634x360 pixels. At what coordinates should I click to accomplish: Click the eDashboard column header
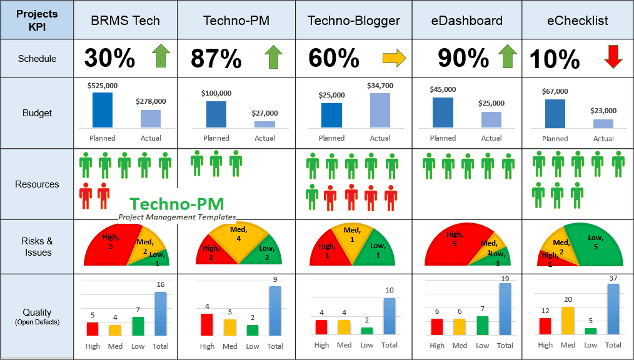(x=466, y=21)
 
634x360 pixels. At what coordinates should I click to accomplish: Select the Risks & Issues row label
(x=37, y=247)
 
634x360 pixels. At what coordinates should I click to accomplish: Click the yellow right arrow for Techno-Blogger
(x=394, y=58)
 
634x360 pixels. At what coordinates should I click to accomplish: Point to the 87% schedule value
(x=216, y=59)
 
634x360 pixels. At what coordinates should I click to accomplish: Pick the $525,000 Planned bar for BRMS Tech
(x=103, y=110)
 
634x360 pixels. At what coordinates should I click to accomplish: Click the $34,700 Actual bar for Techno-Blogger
(x=380, y=111)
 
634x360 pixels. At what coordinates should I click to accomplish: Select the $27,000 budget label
(x=264, y=114)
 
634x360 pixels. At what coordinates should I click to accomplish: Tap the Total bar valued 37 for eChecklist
(x=613, y=309)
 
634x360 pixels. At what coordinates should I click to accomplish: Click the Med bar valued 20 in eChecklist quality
(x=568, y=320)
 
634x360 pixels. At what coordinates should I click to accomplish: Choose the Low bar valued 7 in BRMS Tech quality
(x=138, y=326)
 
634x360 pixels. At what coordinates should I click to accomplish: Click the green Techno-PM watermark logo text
(x=177, y=203)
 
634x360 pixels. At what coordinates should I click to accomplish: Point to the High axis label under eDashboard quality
(x=437, y=346)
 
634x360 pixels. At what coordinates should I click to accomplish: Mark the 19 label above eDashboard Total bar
(x=505, y=279)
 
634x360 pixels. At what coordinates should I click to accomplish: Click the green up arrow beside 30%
(x=161, y=57)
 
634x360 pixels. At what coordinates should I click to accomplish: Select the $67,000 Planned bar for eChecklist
(x=555, y=114)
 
